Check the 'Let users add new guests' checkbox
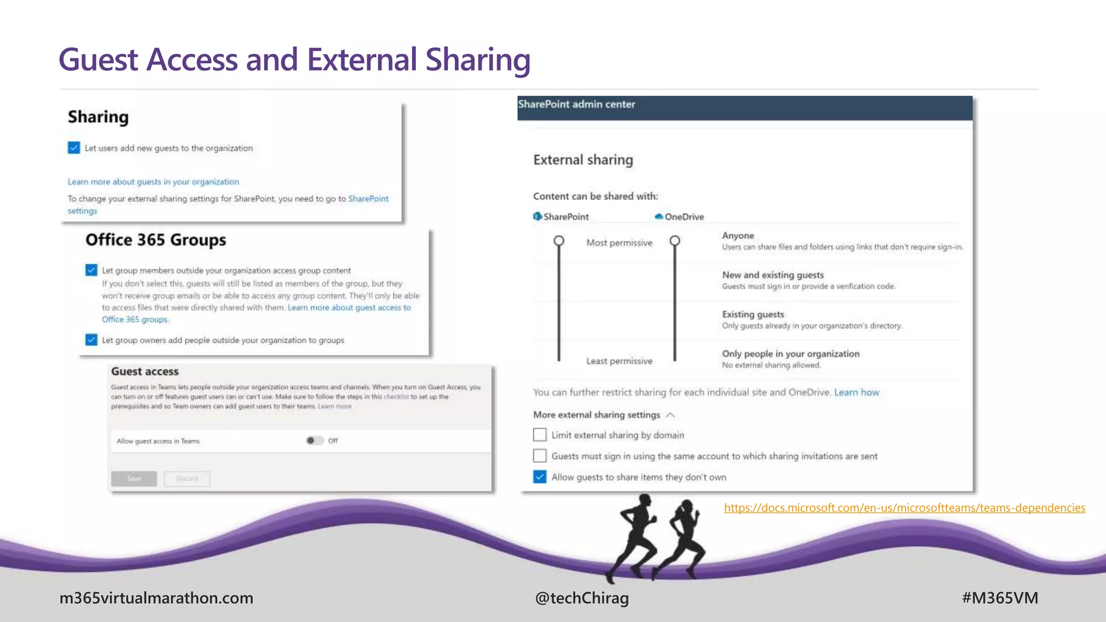click(74, 148)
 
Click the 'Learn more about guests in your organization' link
click(153, 182)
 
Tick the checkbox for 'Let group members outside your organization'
click(91, 270)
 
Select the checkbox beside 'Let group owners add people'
click(91, 340)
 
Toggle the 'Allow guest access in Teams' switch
click(315, 441)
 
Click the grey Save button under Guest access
click(134, 478)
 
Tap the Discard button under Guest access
click(187, 478)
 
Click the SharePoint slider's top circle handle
click(559, 241)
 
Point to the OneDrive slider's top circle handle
click(675, 241)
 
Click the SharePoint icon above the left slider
click(537, 217)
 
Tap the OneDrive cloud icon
click(659, 217)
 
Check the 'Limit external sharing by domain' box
click(539, 435)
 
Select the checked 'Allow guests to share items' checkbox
click(539, 477)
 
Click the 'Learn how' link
click(856, 393)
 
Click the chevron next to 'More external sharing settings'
click(671, 415)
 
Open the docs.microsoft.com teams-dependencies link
click(904, 508)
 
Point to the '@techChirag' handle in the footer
click(582, 598)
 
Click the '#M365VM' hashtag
click(1000, 598)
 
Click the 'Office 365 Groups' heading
click(156, 240)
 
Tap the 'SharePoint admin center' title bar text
click(576, 104)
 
